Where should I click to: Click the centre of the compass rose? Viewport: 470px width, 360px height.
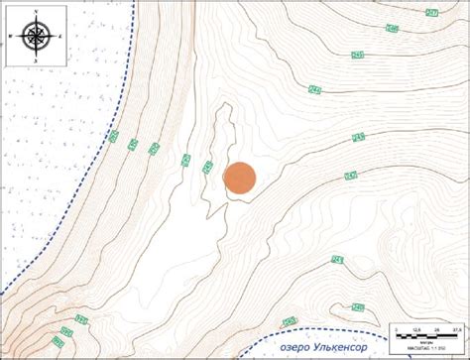(x=36, y=37)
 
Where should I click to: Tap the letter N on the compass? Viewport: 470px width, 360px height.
(x=36, y=11)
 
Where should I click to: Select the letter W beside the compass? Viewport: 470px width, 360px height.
(x=10, y=37)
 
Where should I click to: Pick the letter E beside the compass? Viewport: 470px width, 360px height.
(x=61, y=37)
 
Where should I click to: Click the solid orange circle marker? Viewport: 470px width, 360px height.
(x=240, y=178)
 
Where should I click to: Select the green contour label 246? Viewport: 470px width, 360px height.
(x=393, y=30)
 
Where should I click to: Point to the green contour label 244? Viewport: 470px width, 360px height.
(x=315, y=90)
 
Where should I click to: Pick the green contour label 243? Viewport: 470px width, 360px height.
(x=358, y=137)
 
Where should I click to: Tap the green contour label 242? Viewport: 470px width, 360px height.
(x=350, y=177)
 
